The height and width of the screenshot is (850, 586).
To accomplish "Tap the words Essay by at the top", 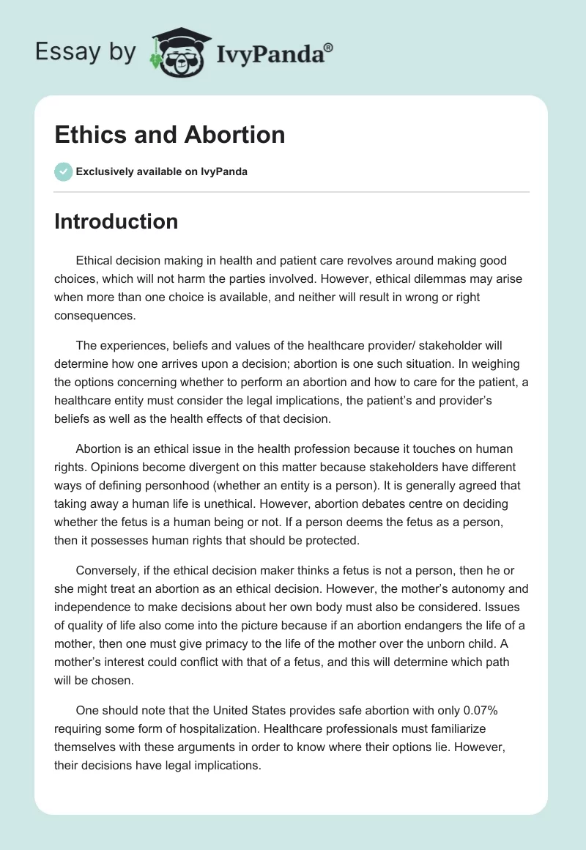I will tap(86, 53).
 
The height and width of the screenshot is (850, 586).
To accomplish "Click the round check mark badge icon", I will tap(63, 171).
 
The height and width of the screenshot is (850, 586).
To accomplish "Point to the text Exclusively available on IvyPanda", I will tap(162, 171).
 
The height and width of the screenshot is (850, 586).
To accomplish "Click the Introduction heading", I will tap(116, 221).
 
